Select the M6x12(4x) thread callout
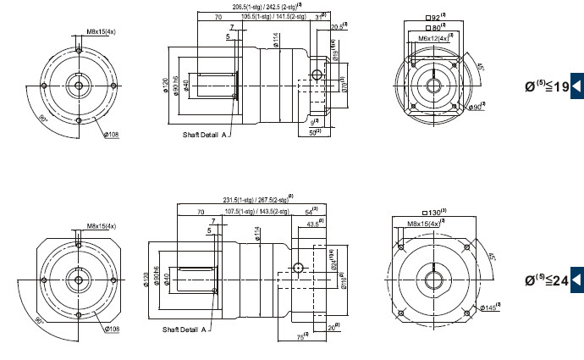coord(434,38)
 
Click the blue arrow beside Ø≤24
coord(577,279)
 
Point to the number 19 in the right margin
coord(559,86)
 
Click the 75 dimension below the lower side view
coord(300,337)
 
